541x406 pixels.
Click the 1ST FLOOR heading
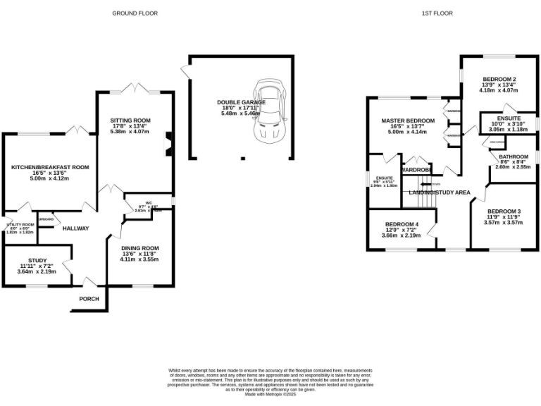(438, 13)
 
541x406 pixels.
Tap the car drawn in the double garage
(268, 110)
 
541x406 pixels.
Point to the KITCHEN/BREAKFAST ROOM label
(49, 167)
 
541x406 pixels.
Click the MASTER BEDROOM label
(408, 121)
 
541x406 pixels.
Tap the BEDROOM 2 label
(499, 78)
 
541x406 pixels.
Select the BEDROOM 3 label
(504, 211)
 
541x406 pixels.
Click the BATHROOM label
(513, 156)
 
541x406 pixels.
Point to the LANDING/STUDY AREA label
(440, 192)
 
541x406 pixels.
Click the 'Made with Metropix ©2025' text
(270, 394)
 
